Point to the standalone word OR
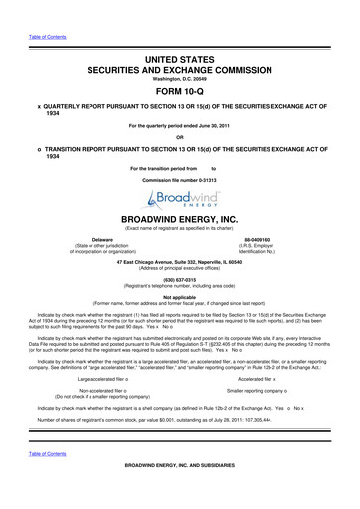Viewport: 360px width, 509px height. [x=179, y=137]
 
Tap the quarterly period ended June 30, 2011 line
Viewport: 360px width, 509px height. [x=179, y=125]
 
